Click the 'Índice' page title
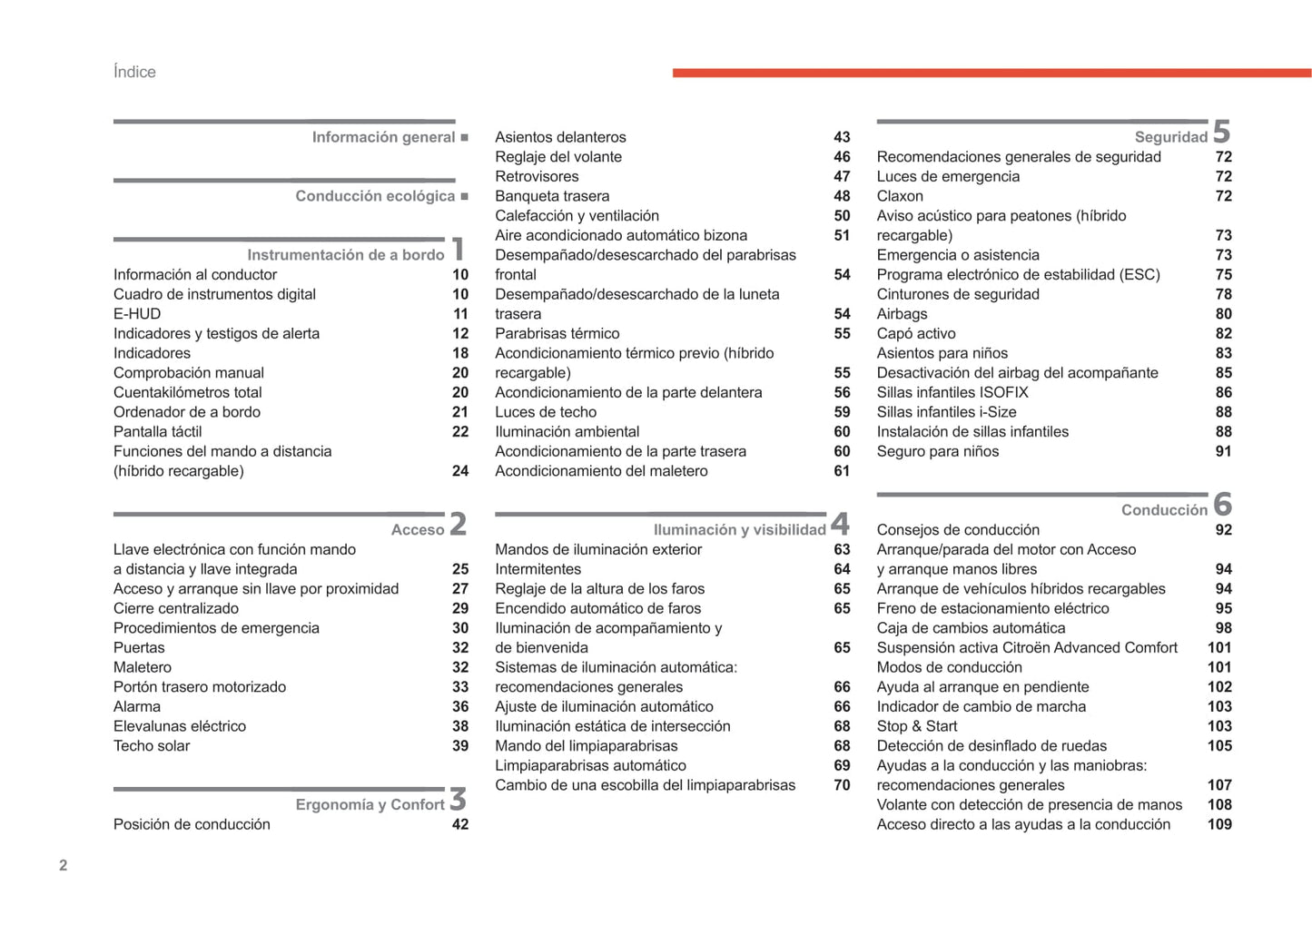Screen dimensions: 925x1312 click(x=134, y=72)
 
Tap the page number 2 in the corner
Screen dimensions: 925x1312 click(x=63, y=865)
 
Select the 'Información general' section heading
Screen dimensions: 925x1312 click(x=383, y=137)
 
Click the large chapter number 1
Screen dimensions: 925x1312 click(x=459, y=249)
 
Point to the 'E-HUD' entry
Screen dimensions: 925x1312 click(x=137, y=314)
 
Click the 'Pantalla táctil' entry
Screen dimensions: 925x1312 click(x=157, y=432)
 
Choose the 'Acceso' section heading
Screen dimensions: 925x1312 click(x=417, y=530)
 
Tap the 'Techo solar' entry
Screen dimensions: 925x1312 click(x=152, y=746)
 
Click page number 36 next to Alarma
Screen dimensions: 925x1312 click(x=460, y=707)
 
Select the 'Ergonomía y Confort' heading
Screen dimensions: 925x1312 click(x=370, y=805)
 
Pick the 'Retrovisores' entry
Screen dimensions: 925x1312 click(x=537, y=177)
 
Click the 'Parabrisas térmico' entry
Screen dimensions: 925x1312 click(x=557, y=334)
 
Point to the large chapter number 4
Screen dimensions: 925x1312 click(x=841, y=524)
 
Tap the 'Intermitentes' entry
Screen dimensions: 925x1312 click(x=538, y=569)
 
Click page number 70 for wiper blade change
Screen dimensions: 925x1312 click(x=842, y=785)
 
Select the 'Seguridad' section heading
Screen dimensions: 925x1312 click(x=1170, y=137)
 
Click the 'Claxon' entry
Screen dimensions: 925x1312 click(x=900, y=196)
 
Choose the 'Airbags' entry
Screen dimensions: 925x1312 click(x=902, y=314)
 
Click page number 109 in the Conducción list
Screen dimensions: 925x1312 click(x=1219, y=824)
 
